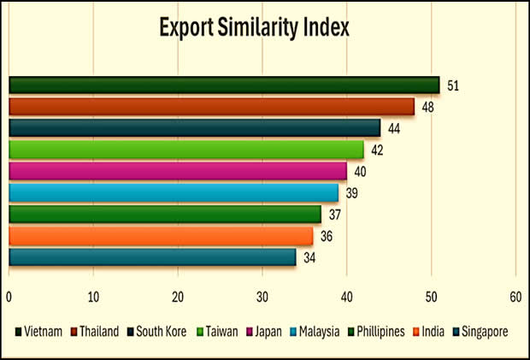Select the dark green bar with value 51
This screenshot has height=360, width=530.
224,85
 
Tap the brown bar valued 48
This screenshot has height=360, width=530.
211,106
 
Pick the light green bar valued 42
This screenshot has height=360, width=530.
185,150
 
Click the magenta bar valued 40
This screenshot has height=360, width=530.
177,171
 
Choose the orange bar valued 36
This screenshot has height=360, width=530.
160,236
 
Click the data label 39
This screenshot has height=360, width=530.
353,193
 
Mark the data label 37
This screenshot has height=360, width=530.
336,215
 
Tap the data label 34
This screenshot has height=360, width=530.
310,257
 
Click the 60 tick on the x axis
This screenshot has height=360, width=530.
515,297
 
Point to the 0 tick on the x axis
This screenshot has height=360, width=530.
9,297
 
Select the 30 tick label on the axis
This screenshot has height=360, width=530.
262,297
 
